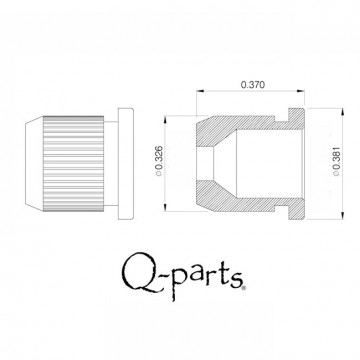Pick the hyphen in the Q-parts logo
[x=161, y=274]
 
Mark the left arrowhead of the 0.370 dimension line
[x=199, y=97]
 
